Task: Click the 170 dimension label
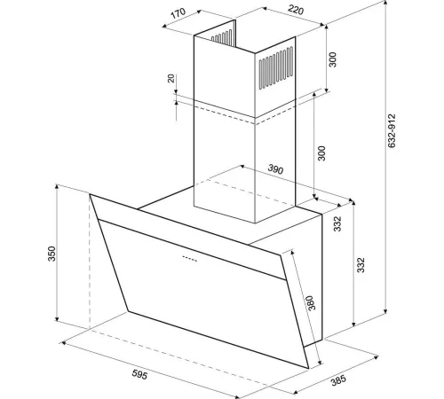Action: (178, 13)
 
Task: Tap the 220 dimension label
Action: (296, 10)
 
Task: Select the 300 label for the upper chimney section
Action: (333, 59)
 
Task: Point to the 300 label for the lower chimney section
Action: (321, 153)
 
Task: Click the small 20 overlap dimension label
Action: (171, 78)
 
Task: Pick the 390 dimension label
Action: (275, 169)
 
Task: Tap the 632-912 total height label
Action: (392, 130)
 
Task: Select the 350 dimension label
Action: (52, 254)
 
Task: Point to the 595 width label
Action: (139, 374)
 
